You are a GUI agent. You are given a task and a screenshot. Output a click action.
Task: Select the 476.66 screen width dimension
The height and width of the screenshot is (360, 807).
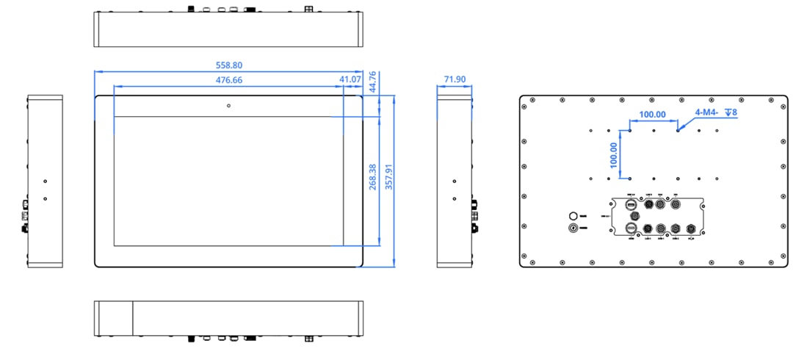pyautogui.click(x=229, y=79)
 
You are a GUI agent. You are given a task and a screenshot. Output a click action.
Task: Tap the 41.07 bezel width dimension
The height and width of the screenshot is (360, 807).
pyautogui.click(x=350, y=79)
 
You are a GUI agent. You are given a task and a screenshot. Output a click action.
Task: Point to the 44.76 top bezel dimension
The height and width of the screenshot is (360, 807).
pyautogui.click(x=373, y=81)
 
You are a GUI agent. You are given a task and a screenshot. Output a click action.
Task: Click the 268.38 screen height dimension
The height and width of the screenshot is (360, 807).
pyautogui.click(x=373, y=177)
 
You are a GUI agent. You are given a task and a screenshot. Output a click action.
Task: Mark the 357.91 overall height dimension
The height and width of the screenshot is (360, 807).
pyautogui.click(x=389, y=177)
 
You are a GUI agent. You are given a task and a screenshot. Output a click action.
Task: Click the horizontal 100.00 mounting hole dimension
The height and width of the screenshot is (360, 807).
pyautogui.click(x=652, y=115)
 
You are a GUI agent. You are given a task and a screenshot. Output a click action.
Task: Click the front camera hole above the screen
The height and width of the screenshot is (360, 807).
pyautogui.click(x=229, y=106)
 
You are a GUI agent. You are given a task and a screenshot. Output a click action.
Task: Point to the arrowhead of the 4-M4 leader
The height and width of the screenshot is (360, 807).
pyautogui.click(x=680, y=129)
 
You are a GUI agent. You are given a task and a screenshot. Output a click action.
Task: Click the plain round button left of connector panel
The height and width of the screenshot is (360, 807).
pyautogui.click(x=574, y=216)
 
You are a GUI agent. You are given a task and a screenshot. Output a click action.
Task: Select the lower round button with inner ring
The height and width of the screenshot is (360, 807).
pyautogui.click(x=574, y=228)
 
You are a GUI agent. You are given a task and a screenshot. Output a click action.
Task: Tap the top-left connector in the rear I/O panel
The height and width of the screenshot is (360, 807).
pyautogui.click(x=630, y=204)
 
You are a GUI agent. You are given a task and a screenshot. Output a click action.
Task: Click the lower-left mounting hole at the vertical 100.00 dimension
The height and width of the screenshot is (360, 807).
pyautogui.click(x=629, y=178)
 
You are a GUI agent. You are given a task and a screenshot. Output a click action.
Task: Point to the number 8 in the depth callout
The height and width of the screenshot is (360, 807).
pyautogui.click(x=734, y=112)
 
